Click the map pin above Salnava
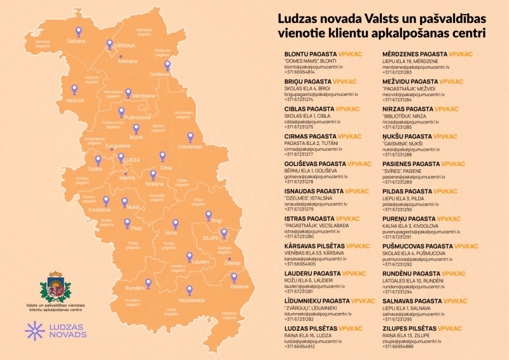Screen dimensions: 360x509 click(78, 31)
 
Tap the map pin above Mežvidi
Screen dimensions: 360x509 click(74, 90)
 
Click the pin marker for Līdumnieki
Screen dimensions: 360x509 click(190, 137)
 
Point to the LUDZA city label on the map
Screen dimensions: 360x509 click(132, 160)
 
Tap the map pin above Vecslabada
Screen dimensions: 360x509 click(190, 290)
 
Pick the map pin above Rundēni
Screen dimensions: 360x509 click(148, 284)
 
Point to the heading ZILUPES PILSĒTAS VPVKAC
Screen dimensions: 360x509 click(422, 329)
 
